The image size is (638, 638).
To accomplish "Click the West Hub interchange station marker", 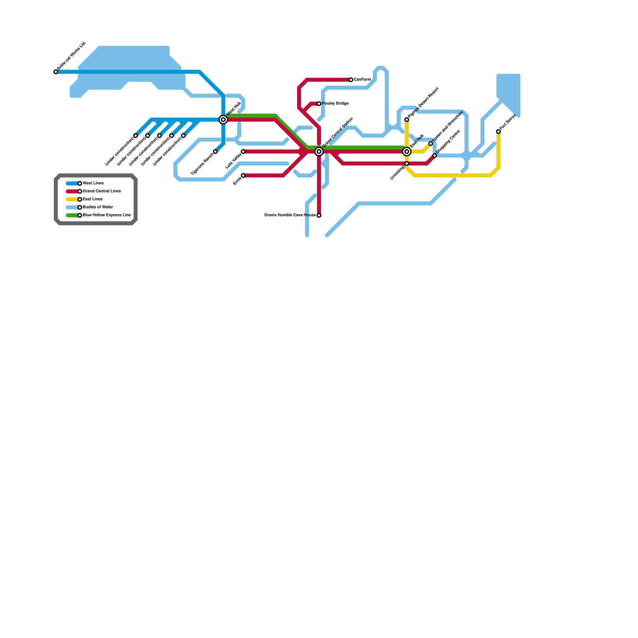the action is (x=223, y=120).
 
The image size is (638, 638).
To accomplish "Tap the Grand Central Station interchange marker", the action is (x=319, y=152).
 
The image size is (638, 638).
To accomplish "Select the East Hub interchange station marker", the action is (x=407, y=152).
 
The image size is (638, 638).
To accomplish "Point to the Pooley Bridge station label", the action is (x=335, y=104).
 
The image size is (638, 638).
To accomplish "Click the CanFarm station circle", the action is (x=351, y=80).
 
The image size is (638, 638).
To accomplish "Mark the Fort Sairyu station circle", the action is (x=498, y=132).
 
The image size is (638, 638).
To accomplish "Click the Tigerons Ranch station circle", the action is (x=215, y=152).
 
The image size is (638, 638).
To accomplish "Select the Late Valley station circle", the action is (x=243, y=152).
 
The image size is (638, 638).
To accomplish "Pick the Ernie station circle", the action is (x=243, y=175).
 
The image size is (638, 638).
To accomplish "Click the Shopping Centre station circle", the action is (x=435, y=156).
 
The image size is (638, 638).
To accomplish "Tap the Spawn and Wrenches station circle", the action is (x=431, y=144).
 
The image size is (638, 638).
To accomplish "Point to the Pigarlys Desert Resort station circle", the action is (x=407, y=120).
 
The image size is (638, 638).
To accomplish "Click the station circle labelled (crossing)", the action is (x=407, y=163).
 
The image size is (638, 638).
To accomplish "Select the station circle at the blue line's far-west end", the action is (x=56, y=72).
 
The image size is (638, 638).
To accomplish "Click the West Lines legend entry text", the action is (x=93, y=183).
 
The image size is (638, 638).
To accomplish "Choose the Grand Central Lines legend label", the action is (x=102, y=191).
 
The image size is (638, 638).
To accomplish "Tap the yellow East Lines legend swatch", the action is (x=72, y=199).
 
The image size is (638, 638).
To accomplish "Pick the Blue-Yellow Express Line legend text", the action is (x=106, y=215).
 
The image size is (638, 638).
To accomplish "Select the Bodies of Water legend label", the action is (x=98, y=207).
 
